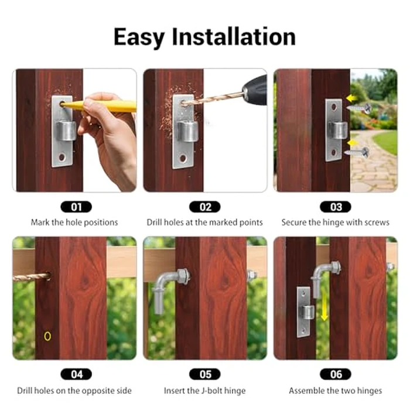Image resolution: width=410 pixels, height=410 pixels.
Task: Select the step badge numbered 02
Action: coord(205,207)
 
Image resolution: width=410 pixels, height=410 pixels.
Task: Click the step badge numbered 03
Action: coord(336,207)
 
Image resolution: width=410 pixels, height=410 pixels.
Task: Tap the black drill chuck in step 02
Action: coord(255,90)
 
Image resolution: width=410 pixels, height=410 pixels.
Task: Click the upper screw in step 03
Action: coord(360,108)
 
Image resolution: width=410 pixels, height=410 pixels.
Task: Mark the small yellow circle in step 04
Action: coord(47,336)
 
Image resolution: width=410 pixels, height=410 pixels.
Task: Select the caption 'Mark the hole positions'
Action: coord(74,223)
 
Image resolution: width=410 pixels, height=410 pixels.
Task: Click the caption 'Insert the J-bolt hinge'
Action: coord(205,391)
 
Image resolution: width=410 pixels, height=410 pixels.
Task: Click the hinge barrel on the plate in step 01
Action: coord(66,129)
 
